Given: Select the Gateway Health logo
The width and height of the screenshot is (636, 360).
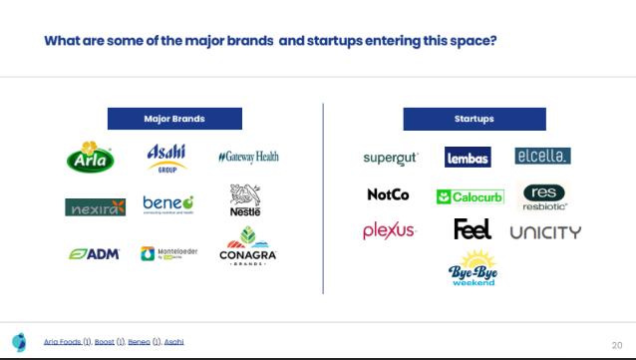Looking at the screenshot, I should point(248,157).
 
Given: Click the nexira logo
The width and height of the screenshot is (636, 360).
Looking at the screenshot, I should point(95,206).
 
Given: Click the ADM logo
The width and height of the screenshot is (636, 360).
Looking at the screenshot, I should point(95,253).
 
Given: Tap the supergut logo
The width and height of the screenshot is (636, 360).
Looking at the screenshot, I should point(390,158).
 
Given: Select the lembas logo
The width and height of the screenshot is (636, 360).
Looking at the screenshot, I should point(468,157).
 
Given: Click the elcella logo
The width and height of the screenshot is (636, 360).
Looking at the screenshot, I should point(542,157).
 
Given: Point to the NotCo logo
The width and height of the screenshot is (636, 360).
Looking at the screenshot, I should point(388,194).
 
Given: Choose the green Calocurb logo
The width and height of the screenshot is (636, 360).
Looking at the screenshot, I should point(470,196).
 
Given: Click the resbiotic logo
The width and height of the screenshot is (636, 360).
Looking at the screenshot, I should point(544,196).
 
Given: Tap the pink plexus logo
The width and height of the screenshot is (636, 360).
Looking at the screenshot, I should point(388,231).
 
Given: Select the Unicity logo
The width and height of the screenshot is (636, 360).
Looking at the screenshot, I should point(545,232).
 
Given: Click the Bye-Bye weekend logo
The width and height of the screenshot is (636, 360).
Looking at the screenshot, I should point(473,269).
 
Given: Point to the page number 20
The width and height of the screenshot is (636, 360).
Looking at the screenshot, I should point(616,343).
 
